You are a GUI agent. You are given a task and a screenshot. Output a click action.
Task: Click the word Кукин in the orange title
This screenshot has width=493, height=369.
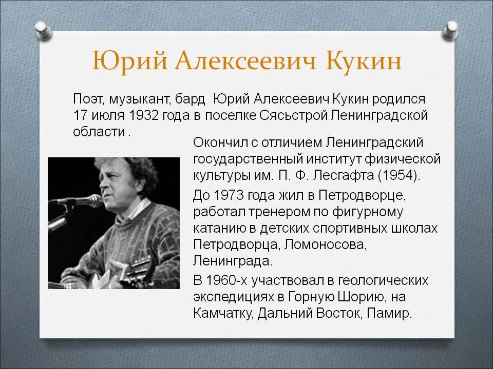(x=364, y=60)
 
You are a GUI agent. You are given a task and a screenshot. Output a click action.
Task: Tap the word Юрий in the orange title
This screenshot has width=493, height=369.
(x=129, y=61)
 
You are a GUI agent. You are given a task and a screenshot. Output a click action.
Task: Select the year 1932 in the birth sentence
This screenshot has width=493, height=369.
(x=144, y=115)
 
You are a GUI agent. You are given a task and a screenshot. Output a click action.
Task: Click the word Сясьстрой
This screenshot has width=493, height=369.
(x=293, y=115)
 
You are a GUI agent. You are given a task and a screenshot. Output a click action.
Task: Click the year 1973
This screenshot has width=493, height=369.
(x=229, y=195)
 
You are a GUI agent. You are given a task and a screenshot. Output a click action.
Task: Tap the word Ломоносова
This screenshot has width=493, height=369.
(x=325, y=244)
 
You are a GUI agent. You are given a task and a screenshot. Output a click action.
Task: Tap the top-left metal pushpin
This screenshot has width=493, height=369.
(x=43, y=30)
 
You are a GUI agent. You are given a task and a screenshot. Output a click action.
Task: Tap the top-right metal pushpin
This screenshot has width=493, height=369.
(x=450, y=30)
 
